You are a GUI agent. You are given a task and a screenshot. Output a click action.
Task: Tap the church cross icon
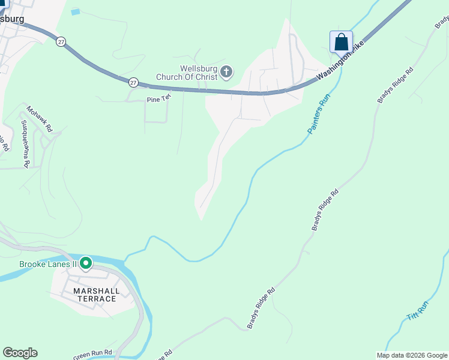(x=226, y=73)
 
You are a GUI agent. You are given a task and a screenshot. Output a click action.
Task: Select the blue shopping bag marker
(x=341, y=43)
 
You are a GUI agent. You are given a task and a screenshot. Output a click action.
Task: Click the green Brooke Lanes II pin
(x=86, y=263)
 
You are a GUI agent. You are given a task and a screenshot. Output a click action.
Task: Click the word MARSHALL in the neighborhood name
(x=96, y=291)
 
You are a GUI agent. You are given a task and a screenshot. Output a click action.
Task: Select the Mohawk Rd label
(x=40, y=119)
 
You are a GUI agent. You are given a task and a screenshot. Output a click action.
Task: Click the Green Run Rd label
(x=93, y=354)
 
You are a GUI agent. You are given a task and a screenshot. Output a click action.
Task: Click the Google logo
(x=20, y=353)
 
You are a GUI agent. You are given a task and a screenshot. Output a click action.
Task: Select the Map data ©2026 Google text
(x=412, y=355)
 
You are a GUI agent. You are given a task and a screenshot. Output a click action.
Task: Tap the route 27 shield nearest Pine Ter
(x=133, y=82)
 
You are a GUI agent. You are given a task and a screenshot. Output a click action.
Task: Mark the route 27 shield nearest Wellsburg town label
(x=61, y=41)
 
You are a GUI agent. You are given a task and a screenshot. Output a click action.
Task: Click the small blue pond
(x=75, y=11)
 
